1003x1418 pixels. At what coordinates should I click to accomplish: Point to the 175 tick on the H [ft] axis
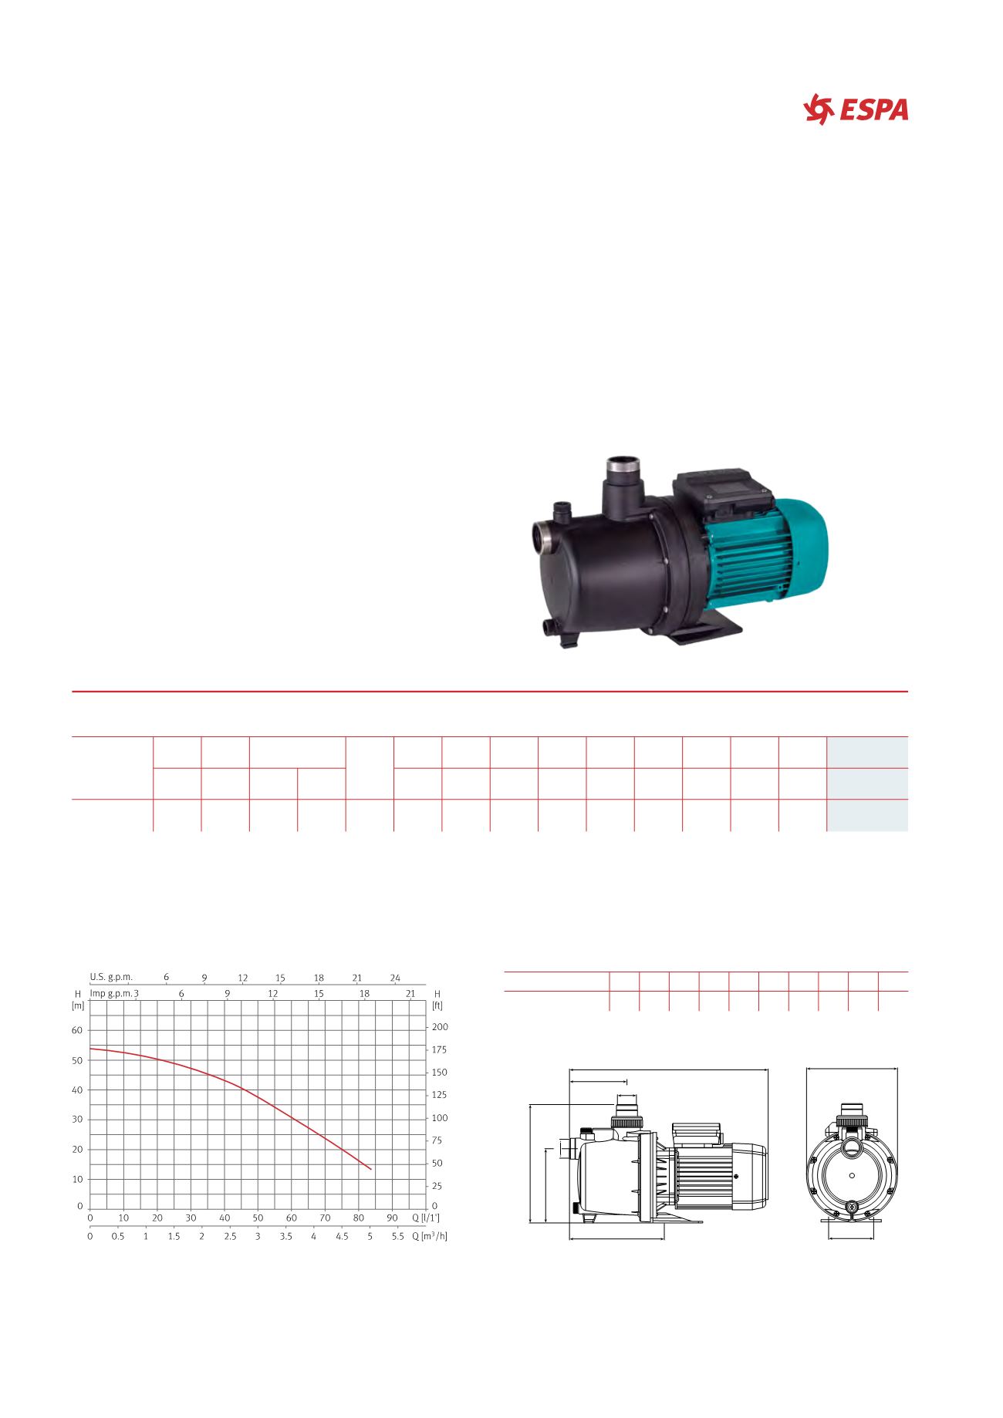coord(440,1050)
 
